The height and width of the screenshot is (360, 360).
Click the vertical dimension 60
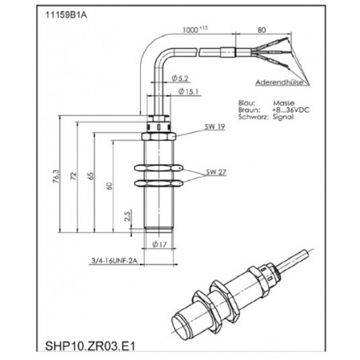[x=110, y=186]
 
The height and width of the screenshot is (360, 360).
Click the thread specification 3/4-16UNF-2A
[x=117, y=259]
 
